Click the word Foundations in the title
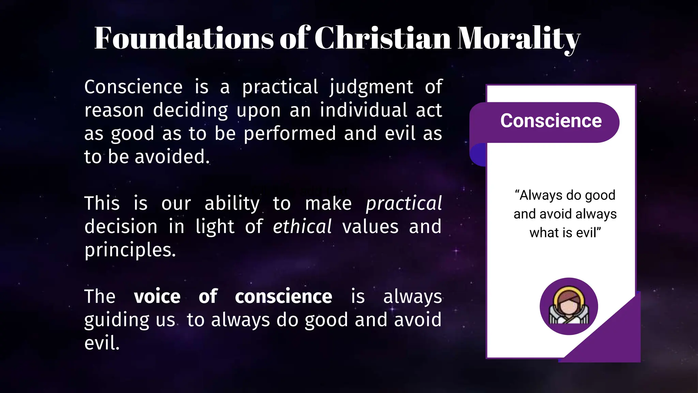pos(184,38)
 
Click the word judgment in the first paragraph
pos(371,87)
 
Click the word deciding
pos(190,111)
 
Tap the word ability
pos(232,204)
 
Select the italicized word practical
pos(404,204)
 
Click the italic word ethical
pos(302,227)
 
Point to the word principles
pos(130,250)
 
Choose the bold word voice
pos(157,296)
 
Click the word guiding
pos(117,320)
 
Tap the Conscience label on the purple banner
pos(551,121)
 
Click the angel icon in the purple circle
pos(568,307)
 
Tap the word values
pos(370,227)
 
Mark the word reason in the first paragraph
pos(114,111)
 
